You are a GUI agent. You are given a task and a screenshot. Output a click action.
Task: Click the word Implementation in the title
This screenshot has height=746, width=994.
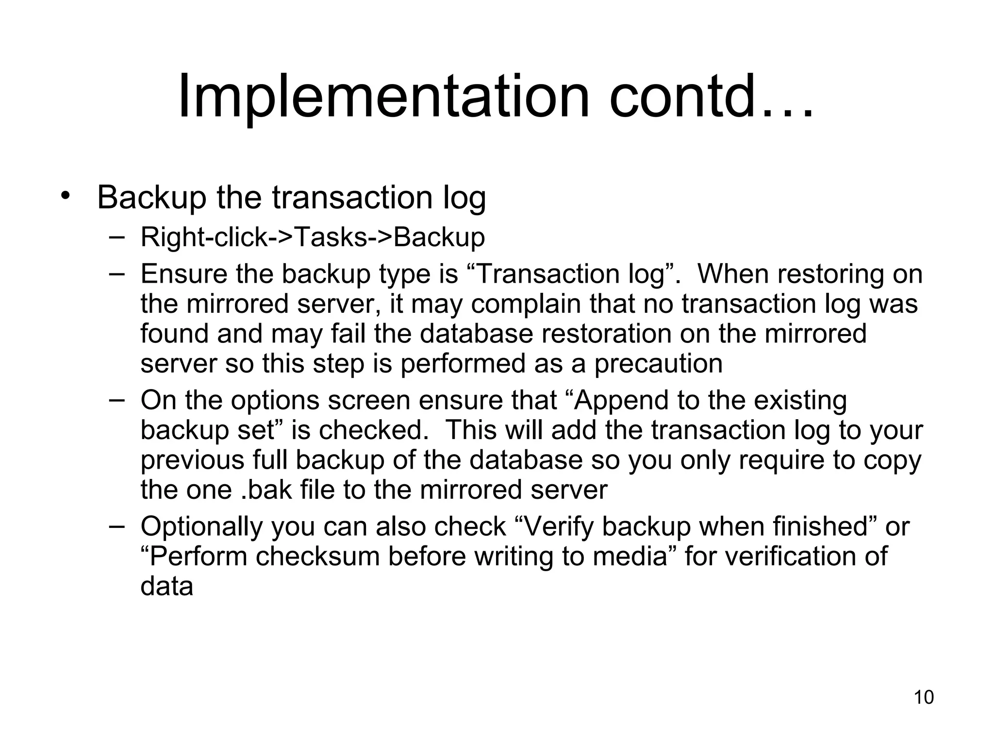pos(383,97)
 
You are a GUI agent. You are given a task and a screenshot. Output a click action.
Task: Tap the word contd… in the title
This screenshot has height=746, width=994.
pos(711,97)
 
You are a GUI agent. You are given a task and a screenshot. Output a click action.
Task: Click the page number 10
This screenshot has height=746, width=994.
pos(924,697)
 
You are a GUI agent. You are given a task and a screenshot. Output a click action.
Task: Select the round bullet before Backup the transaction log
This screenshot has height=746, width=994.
pos(66,196)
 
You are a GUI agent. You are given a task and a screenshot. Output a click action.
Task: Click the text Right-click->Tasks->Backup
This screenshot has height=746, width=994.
pos(313,237)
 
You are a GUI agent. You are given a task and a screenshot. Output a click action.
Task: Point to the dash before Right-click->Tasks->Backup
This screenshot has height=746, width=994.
pos(116,237)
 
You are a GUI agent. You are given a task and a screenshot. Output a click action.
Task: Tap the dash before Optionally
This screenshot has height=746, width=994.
pos(116,526)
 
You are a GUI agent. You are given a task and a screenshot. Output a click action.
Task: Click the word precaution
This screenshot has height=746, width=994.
pos(659,364)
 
